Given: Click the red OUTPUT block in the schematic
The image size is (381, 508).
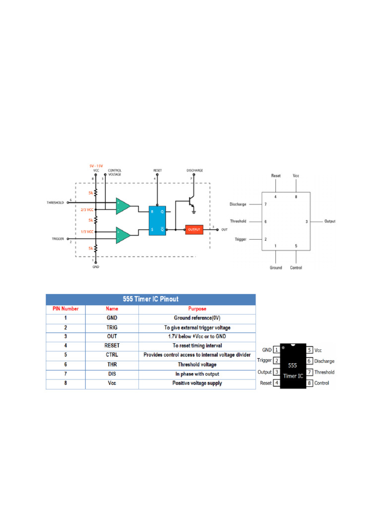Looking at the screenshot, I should point(194,230).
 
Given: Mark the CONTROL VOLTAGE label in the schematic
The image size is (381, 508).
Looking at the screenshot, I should point(115,172).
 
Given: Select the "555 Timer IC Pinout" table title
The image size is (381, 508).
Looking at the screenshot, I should point(151,299).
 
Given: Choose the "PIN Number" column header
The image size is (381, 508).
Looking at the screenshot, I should point(65,309).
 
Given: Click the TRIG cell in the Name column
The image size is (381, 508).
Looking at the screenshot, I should point(112,327).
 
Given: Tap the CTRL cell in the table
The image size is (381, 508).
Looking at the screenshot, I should point(112,355).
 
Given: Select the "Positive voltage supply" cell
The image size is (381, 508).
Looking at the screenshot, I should point(197,383).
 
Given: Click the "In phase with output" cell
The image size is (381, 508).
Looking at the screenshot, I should point(197,374).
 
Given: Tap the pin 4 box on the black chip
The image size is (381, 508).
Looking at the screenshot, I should point(276,383).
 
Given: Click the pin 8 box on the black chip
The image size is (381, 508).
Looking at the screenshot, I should point(310,383).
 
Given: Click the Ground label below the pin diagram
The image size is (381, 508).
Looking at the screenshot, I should point(276,268).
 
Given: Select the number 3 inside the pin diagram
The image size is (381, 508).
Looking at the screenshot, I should point(307,221).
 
